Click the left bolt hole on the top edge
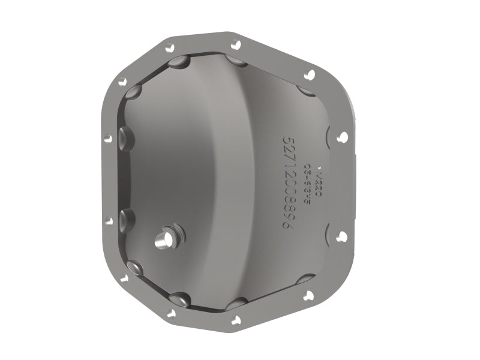pos(170,46)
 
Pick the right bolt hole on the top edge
pos(236,45)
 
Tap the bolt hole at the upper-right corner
pos(310,75)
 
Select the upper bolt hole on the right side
pos(342,137)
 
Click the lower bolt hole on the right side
pos(341,236)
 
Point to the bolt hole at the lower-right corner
pos(309,295)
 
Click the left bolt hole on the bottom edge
pos(170,313)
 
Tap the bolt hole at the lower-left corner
pos(124,278)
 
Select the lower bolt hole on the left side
pos(109,221)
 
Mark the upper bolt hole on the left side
pos(108,138)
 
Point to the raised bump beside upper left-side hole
pos(127,139)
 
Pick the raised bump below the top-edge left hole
pos(177,62)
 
